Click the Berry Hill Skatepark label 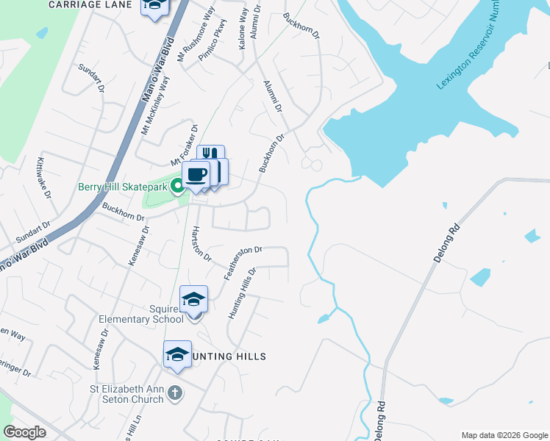click(124, 187)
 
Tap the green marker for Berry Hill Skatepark click(177, 187)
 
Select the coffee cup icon click(196, 175)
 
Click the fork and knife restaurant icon click(210, 154)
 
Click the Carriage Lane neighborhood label click(90, 4)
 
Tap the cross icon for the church click(175, 392)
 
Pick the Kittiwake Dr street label click(43, 176)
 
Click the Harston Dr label click(201, 245)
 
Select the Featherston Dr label click(243, 262)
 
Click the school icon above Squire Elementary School click(194, 298)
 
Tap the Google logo click(24, 432)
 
